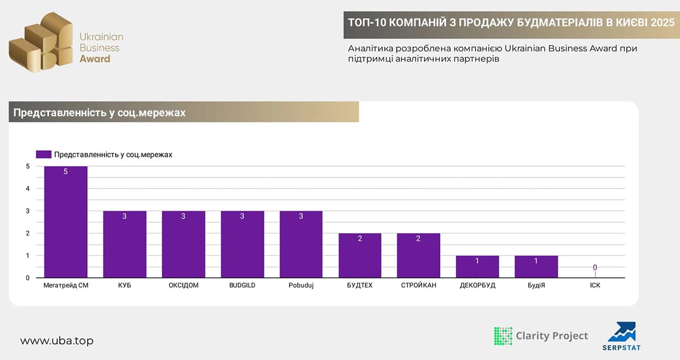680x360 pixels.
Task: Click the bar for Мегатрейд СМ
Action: (x=66, y=222)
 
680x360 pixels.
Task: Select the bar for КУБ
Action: (x=124, y=244)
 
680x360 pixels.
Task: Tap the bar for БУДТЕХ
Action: (x=360, y=256)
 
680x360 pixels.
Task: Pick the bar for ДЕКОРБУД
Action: (x=477, y=267)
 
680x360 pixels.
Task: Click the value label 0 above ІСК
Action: (x=594, y=268)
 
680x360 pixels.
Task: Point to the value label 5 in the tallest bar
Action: (x=66, y=172)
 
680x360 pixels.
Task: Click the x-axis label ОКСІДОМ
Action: (x=183, y=285)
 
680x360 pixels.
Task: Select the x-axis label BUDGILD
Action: (x=242, y=285)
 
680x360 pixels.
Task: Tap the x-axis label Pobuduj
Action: (x=301, y=285)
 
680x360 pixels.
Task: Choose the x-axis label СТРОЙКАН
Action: (x=418, y=285)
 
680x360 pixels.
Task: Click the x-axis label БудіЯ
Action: (x=536, y=285)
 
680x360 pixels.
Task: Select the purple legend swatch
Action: (x=43, y=155)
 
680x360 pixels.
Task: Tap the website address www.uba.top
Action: (x=57, y=341)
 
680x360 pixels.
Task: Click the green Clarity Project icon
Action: (x=503, y=336)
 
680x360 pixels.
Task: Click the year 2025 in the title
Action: (x=662, y=22)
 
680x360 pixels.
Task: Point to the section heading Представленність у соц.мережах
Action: (x=99, y=113)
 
